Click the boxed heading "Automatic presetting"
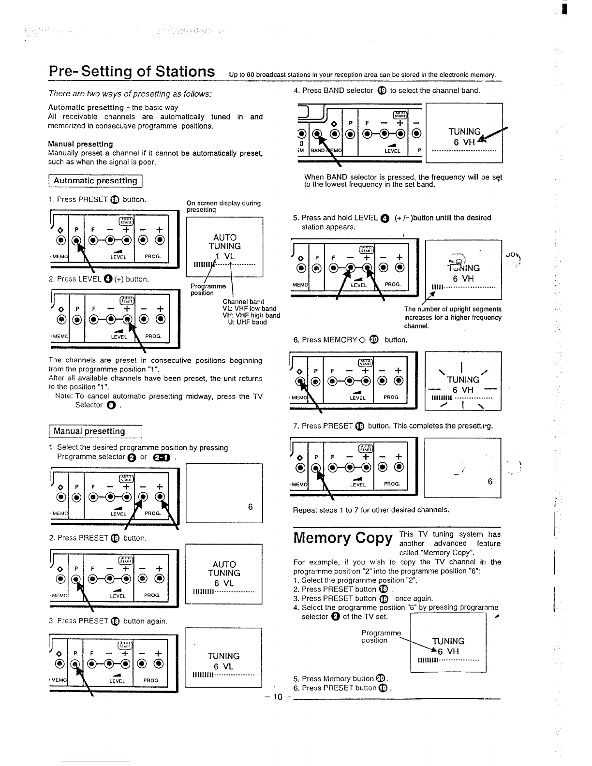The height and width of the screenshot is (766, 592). pos(95,181)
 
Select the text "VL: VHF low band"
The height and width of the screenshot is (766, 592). pos(249,309)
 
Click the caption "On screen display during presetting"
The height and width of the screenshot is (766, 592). pos(223,206)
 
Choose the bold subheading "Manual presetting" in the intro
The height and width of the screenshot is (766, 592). pos(80,144)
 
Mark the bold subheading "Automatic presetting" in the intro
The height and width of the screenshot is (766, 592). pos(86,107)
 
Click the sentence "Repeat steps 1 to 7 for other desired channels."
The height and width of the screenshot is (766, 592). pos(371,510)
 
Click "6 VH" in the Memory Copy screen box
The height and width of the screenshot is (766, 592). pos(448,651)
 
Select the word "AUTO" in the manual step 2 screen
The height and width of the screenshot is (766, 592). pos(224,564)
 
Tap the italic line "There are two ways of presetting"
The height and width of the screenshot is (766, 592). pos(130,93)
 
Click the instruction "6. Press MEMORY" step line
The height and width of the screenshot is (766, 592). pos(350,339)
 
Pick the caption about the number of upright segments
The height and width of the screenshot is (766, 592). pos(453,317)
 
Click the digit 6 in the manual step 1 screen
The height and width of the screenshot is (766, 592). pos(250,506)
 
